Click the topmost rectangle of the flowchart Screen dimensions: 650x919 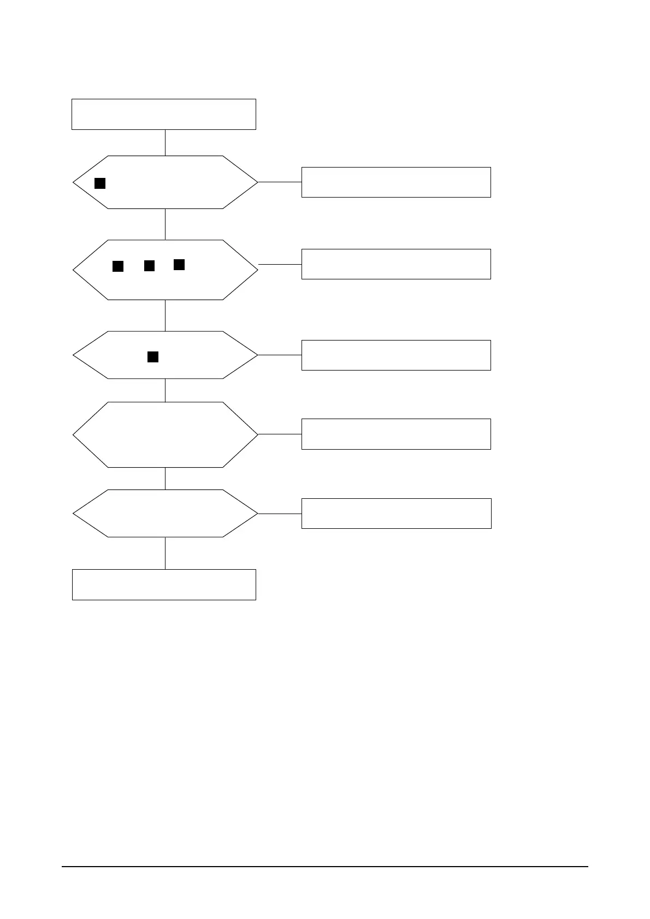coord(164,114)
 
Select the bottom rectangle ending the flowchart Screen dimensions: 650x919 coord(164,584)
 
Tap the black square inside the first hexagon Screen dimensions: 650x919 coord(100,183)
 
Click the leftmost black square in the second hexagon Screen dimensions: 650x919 coord(118,266)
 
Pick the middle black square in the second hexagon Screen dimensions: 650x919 coord(149,266)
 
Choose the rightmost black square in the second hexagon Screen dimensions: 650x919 coord(179,265)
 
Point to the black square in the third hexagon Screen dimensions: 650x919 coord(153,357)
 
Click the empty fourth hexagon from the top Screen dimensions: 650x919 coord(165,434)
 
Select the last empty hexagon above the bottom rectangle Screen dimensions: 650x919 coord(165,514)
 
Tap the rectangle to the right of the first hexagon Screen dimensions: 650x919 coord(396,182)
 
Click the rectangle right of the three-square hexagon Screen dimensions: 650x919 coord(396,264)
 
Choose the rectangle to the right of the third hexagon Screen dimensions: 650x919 coord(396,355)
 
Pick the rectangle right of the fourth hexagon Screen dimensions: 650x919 coord(396,434)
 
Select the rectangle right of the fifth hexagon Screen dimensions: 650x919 coord(396,513)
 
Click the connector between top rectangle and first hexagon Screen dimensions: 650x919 coord(165,142)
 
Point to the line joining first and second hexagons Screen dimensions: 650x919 coord(165,224)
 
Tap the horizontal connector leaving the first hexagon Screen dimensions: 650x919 coord(280,182)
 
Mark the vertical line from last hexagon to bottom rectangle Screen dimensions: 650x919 coord(165,553)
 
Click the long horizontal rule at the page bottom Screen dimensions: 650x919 coord(324,866)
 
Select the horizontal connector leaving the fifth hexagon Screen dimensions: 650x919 coord(280,514)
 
